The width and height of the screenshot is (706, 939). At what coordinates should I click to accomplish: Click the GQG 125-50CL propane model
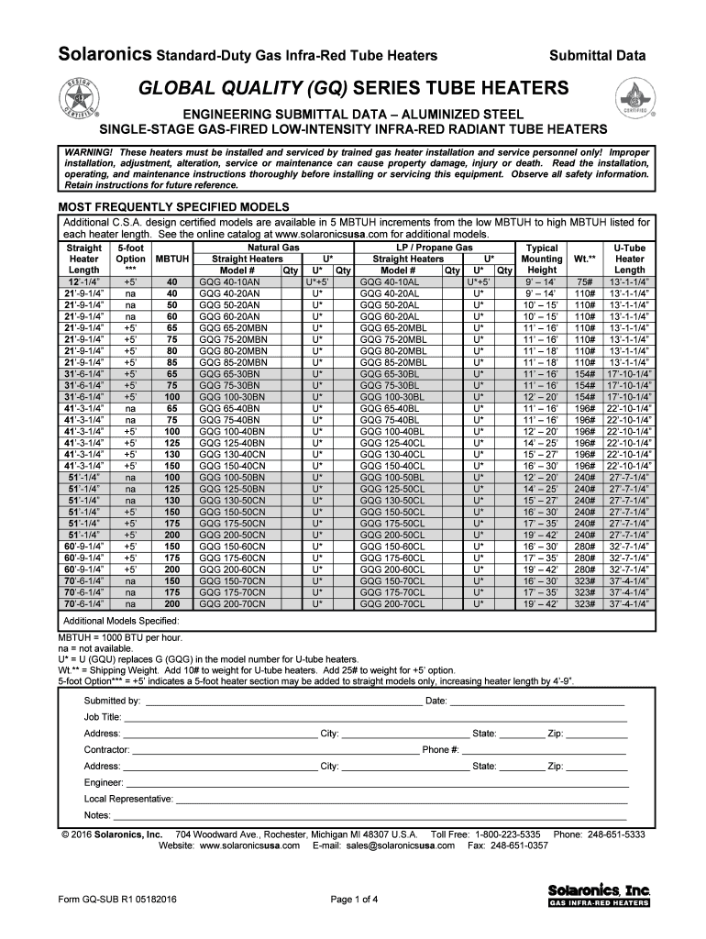pyautogui.click(x=392, y=489)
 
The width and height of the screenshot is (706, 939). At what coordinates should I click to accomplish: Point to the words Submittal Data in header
pyautogui.click(x=597, y=56)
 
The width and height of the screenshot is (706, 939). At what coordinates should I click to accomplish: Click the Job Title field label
pyautogui.click(x=103, y=717)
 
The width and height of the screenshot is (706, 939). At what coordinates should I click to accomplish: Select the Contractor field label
pyautogui.click(x=106, y=749)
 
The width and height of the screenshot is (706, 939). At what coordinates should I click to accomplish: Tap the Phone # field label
pyautogui.click(x=441, y=749)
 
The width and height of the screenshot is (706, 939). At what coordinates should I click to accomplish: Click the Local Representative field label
pyautogui.click(x=127, y=799)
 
